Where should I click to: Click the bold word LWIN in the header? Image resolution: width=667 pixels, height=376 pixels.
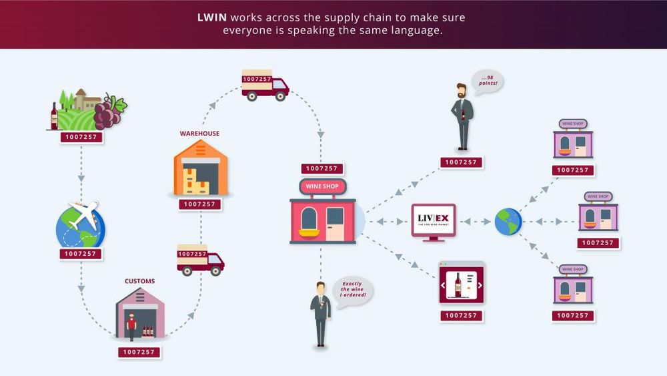(213, 17)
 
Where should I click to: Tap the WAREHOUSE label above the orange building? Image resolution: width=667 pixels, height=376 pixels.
(199, 134)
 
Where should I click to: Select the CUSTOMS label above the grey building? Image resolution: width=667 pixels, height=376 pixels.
(139, 281)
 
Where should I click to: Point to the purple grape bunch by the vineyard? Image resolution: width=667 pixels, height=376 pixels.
(109, 112)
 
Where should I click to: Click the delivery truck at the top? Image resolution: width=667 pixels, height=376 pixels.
(265, 85)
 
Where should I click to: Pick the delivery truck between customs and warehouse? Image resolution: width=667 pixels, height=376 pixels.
(200, 260)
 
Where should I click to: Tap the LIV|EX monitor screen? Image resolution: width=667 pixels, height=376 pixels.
(433, 220)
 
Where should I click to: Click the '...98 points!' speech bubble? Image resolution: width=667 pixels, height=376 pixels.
(487, 83)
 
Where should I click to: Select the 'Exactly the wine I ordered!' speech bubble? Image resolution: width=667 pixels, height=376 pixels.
(352, 291)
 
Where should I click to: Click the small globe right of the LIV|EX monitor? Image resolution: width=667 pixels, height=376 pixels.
(508, 222)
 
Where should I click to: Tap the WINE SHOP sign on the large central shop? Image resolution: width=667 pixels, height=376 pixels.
(322, 186)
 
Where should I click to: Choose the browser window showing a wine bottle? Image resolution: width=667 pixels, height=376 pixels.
(461, 284)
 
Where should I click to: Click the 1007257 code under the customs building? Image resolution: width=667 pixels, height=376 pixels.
(140, 352)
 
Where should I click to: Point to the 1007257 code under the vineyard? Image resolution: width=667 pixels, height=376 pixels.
(81, 137)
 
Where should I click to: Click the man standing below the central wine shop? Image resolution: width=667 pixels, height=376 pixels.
(321, 313)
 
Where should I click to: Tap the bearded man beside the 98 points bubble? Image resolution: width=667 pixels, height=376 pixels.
(462, 116)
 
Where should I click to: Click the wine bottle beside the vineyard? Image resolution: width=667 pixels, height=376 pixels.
(54, 116)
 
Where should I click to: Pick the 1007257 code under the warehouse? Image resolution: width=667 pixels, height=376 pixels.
(200, 204)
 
